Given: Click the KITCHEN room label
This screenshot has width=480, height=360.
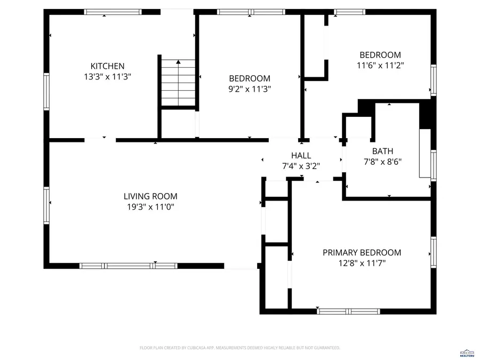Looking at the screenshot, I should click(107, 66).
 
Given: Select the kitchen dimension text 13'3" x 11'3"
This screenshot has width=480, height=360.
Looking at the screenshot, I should click(107, 77).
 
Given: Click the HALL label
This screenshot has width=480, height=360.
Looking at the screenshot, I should click(301, 155).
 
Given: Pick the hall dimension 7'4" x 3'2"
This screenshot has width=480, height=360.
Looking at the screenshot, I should click(301, 166).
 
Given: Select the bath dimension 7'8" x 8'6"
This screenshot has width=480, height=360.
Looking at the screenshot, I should click(382, 162).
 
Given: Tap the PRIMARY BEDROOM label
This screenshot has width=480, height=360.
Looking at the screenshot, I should click(362, 252).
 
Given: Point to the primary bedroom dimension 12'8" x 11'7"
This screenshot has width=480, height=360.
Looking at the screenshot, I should click(362, 263).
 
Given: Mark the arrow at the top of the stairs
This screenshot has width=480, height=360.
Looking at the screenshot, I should click(178, 62).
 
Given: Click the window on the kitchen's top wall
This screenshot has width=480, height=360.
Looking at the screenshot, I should click(113, 12).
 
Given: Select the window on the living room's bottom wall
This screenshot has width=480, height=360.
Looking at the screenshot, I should click(128, 265).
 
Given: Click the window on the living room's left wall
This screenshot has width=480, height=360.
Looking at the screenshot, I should click(46, 204).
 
